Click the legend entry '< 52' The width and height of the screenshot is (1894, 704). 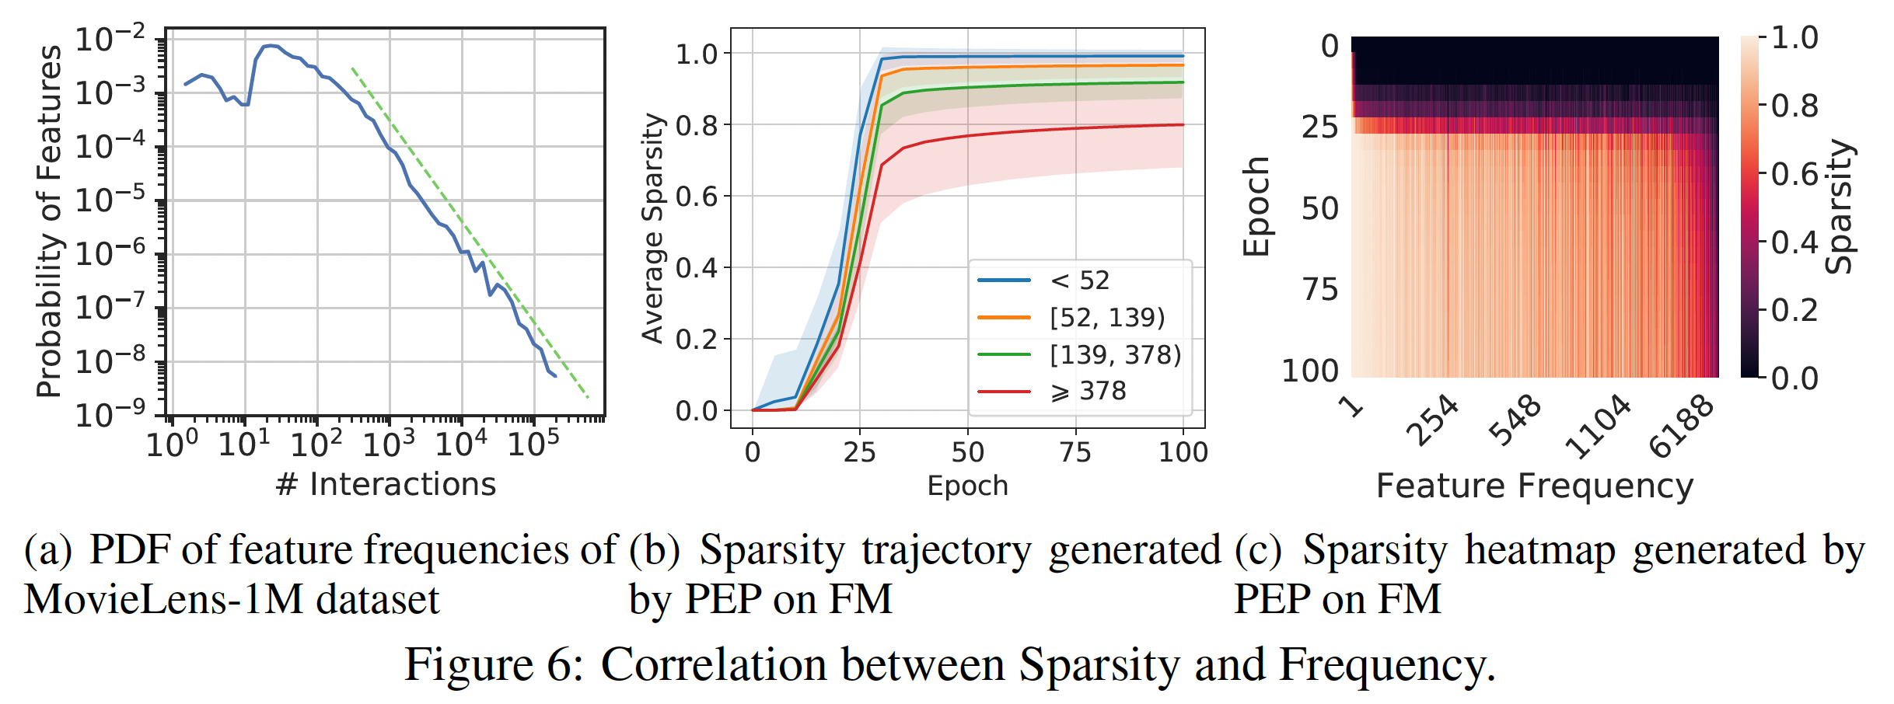[x=1079, y=281]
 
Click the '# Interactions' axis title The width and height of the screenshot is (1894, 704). [x=386, y=484]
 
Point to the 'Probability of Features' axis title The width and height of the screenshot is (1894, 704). [x=49, y=221]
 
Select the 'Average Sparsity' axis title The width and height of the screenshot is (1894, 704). [x=653, y=228]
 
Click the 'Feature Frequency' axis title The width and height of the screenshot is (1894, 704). [x=1534, y=486]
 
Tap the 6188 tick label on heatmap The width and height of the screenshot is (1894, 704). [x=1681, y=427]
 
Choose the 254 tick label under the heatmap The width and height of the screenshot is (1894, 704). [x=1435, y=420]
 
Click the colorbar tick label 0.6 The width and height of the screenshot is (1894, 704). [x=1794, y=174]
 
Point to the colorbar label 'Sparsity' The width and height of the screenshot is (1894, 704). [x=1840, y=207]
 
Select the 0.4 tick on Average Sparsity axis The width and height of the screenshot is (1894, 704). [x=697, y=268]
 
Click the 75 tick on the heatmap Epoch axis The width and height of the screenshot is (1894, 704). [x=1320, y=289]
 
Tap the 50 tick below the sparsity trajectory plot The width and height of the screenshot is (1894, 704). [x=968, y=451]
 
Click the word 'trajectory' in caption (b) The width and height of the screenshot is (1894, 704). [x=946, y=550]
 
